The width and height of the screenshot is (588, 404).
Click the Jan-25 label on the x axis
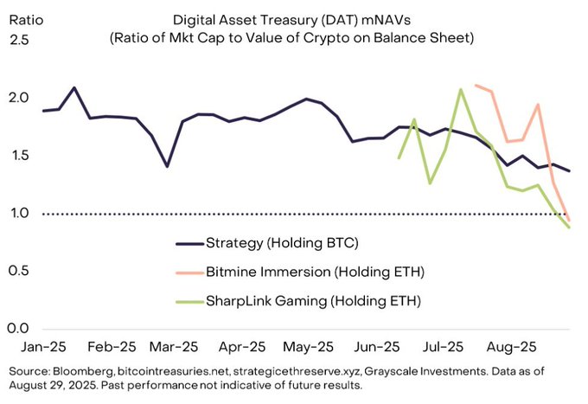[x=43, y=347]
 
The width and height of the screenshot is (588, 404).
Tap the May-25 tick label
[x=308, y=347]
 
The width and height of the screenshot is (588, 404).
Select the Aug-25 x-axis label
[x=511, y=347]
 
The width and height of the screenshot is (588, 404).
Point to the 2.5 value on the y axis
[x=19, y=40]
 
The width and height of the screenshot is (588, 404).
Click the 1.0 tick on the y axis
[x=20, y=213]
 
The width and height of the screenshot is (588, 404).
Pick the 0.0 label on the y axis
[x=18, y=328]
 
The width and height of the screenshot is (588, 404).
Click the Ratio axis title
[x=26, y=20]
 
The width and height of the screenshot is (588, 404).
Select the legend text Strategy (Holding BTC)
[x=282, y=243]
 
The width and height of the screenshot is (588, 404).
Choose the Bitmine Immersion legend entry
[x=315, y=272]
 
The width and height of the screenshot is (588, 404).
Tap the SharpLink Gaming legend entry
[x=313, y=301]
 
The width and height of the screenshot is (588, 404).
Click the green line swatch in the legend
[x=189, y=302]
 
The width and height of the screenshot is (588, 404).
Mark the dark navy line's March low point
[x=167, y=167]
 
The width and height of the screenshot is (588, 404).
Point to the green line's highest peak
[x=461, y=89]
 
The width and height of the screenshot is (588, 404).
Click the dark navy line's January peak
[x=74, y=87]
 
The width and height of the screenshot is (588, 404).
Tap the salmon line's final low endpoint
[x=569, y=221]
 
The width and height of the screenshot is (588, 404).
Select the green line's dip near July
[x=430, y=183]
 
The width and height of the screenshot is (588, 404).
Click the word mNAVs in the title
[x=386, y=20]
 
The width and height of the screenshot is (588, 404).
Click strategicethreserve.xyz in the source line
[x=297, y=371]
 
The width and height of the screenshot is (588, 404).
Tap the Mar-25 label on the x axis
[x=174, y=347]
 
